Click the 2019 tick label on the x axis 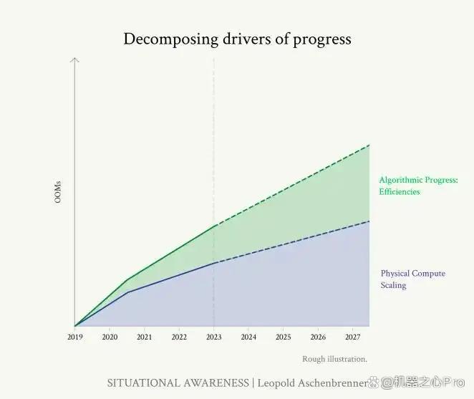pos(74,337)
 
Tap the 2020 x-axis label pos(110,337)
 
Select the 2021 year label pos(144,337)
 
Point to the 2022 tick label pos(179,337)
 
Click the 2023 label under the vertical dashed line pos(213,337)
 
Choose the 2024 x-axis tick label pos(248,337)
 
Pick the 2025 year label pos(284,337)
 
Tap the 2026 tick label pos(318,337)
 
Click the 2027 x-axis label pos(353,337)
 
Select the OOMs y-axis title pos(58,192)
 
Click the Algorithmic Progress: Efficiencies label pos(419,186)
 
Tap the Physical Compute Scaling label pos(413,279)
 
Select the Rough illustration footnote pos(334,359)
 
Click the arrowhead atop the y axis pos(74,59)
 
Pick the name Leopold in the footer pos(276,383)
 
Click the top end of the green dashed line pos(369,145)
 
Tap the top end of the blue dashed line pos(369,221)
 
